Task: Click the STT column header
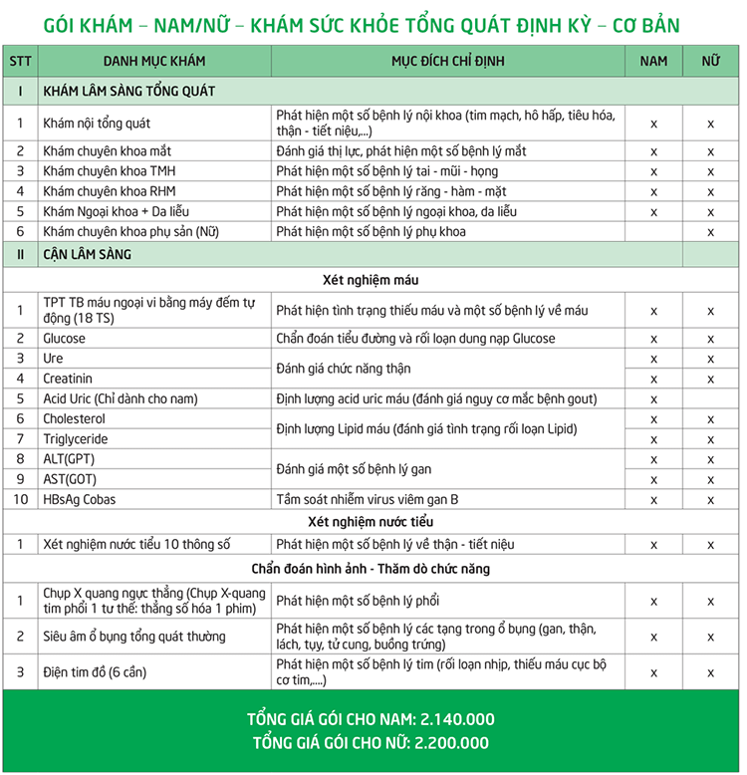20,61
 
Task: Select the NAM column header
653,61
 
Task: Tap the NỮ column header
710,61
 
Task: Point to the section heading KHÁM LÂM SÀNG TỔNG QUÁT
129,91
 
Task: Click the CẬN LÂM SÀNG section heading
87,254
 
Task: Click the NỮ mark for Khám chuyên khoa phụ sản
710,232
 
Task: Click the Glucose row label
64,339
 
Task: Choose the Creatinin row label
68,379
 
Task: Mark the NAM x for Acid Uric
653,399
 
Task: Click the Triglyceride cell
75,439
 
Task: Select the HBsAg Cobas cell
80,499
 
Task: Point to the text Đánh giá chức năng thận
343,369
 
